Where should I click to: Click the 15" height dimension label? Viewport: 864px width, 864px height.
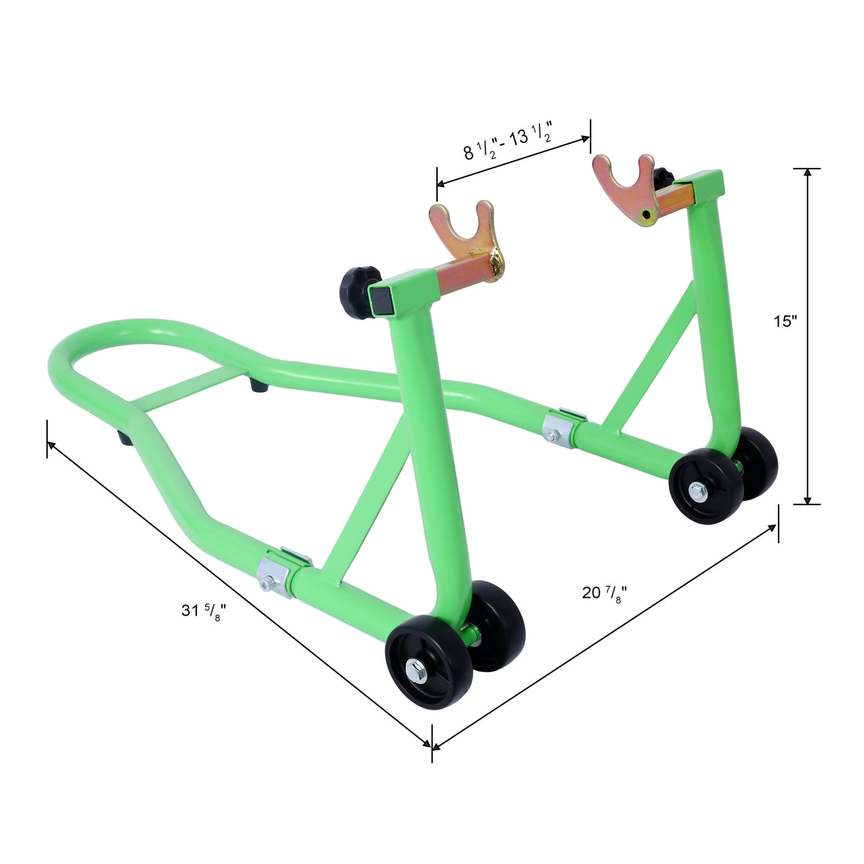785,321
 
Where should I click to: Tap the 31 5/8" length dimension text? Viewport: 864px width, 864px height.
201,611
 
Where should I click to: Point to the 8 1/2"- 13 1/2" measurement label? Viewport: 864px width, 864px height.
508,143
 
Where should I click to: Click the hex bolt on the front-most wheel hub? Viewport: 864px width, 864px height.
416,669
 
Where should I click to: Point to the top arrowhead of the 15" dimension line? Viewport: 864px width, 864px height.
806,173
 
